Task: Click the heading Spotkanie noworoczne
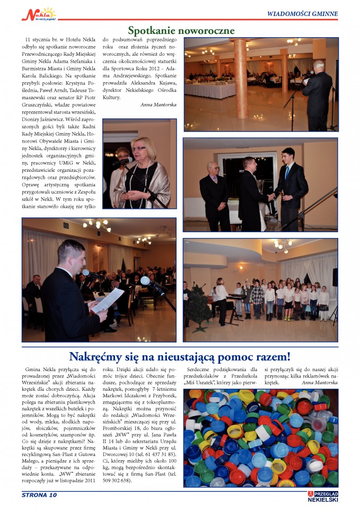[x=181, y=30]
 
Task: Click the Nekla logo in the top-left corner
[x=38, y=14]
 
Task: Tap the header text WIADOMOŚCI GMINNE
[x=302, y=14]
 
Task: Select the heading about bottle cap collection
[x=180, y=356]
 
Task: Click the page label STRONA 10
[x=39, y=495]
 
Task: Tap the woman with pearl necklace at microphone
[x=142, y=172]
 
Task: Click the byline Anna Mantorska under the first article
[x=159, y=105]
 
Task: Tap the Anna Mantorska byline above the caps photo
[x=319, y=382]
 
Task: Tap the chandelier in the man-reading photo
[x=97, y=225]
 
